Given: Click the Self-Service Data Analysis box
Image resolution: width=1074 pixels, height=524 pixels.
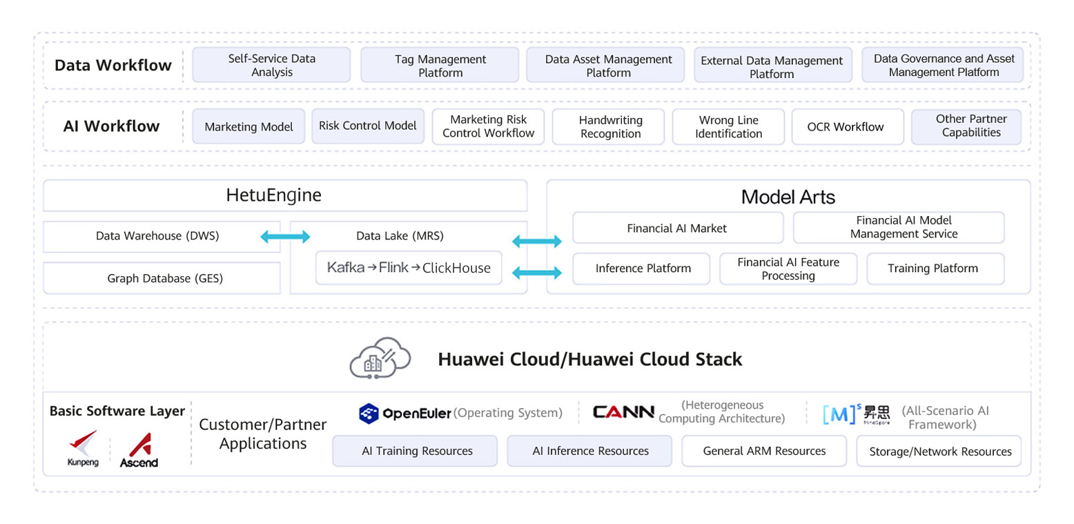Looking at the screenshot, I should pos(271,65).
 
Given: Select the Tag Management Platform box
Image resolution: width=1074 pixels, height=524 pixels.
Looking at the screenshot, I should pos(440,65).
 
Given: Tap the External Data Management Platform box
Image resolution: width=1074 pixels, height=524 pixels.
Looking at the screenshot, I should pos(772,66).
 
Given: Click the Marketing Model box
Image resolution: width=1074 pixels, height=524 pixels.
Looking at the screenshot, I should pos(248,126).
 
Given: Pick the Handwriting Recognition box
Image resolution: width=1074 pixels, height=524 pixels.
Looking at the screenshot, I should pos(609,126).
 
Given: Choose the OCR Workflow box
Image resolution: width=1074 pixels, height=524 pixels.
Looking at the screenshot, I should pos(846,126).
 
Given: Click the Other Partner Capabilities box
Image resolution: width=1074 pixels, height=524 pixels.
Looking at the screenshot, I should pos(966,126).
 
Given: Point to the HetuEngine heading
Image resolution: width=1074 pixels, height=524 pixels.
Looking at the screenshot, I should pos(273,195).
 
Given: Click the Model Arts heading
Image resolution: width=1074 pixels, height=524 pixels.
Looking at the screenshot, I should pos(788,197).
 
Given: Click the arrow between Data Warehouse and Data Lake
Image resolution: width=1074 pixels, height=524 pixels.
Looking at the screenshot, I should pos(285,237).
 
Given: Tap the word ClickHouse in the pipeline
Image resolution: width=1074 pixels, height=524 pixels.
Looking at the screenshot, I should pos(456,268).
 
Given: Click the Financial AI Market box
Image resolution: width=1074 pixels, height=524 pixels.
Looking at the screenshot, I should pos(676,228).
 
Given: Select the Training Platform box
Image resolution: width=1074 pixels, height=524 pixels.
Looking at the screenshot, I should pos(933,269).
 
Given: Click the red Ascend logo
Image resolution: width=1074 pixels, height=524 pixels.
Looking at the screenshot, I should pos(139,449).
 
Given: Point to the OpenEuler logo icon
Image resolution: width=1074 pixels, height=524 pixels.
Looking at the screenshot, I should pos(369,414).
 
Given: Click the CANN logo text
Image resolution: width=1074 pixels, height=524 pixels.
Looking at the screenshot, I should pos(623,412).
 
